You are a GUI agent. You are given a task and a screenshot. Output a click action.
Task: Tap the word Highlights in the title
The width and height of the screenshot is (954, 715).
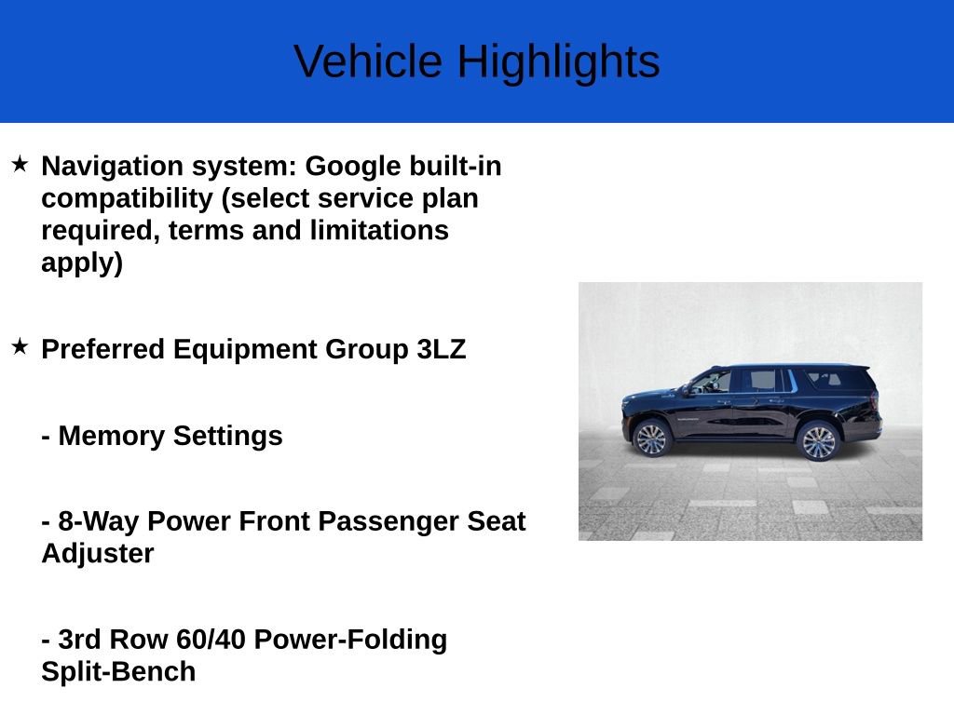tap(558, 62)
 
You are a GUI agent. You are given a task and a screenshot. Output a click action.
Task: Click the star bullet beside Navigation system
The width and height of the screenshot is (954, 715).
tap(20, 165)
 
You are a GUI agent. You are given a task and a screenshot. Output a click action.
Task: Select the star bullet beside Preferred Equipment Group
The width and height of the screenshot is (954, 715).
tap(20, 347)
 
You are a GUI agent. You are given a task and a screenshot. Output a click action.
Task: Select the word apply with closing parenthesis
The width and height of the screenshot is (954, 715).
tap(82, 263)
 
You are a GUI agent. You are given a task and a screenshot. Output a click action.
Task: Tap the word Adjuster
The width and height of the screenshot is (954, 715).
tap(98, 553)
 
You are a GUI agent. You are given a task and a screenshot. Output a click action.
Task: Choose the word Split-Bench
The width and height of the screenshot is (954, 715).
tap(118, 671)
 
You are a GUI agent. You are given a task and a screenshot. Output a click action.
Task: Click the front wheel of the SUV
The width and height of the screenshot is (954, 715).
tap(651, 438)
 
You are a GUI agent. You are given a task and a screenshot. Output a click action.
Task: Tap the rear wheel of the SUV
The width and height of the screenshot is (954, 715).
tap(818, 441)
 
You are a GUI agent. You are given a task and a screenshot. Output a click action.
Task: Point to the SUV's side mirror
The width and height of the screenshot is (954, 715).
tap(688, 390)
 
